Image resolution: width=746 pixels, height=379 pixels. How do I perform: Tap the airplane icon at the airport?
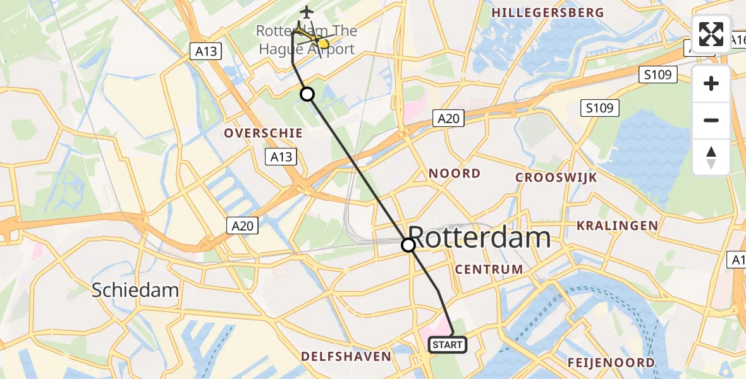307,12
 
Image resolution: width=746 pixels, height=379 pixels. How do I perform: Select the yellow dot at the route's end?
323,44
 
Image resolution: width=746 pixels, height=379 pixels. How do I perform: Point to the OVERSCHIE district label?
263,133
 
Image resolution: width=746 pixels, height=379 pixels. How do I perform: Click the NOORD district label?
455,174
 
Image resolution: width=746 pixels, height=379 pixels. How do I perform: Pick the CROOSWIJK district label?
556,177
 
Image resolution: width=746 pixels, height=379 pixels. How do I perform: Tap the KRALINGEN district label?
617,226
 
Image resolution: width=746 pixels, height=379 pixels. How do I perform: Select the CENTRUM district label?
489,270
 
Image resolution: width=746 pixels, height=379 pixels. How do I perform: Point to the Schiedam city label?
135,291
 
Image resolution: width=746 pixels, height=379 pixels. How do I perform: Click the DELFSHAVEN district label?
346,357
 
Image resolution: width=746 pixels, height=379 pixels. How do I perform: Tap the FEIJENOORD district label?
611,363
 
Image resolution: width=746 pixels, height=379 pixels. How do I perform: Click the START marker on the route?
448,345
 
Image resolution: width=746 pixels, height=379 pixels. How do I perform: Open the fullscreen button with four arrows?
711,34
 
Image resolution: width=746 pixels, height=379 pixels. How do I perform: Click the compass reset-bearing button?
711,157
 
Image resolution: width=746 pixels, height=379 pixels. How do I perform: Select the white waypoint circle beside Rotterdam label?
409,244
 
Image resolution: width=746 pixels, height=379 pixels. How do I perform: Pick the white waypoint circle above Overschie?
307,94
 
